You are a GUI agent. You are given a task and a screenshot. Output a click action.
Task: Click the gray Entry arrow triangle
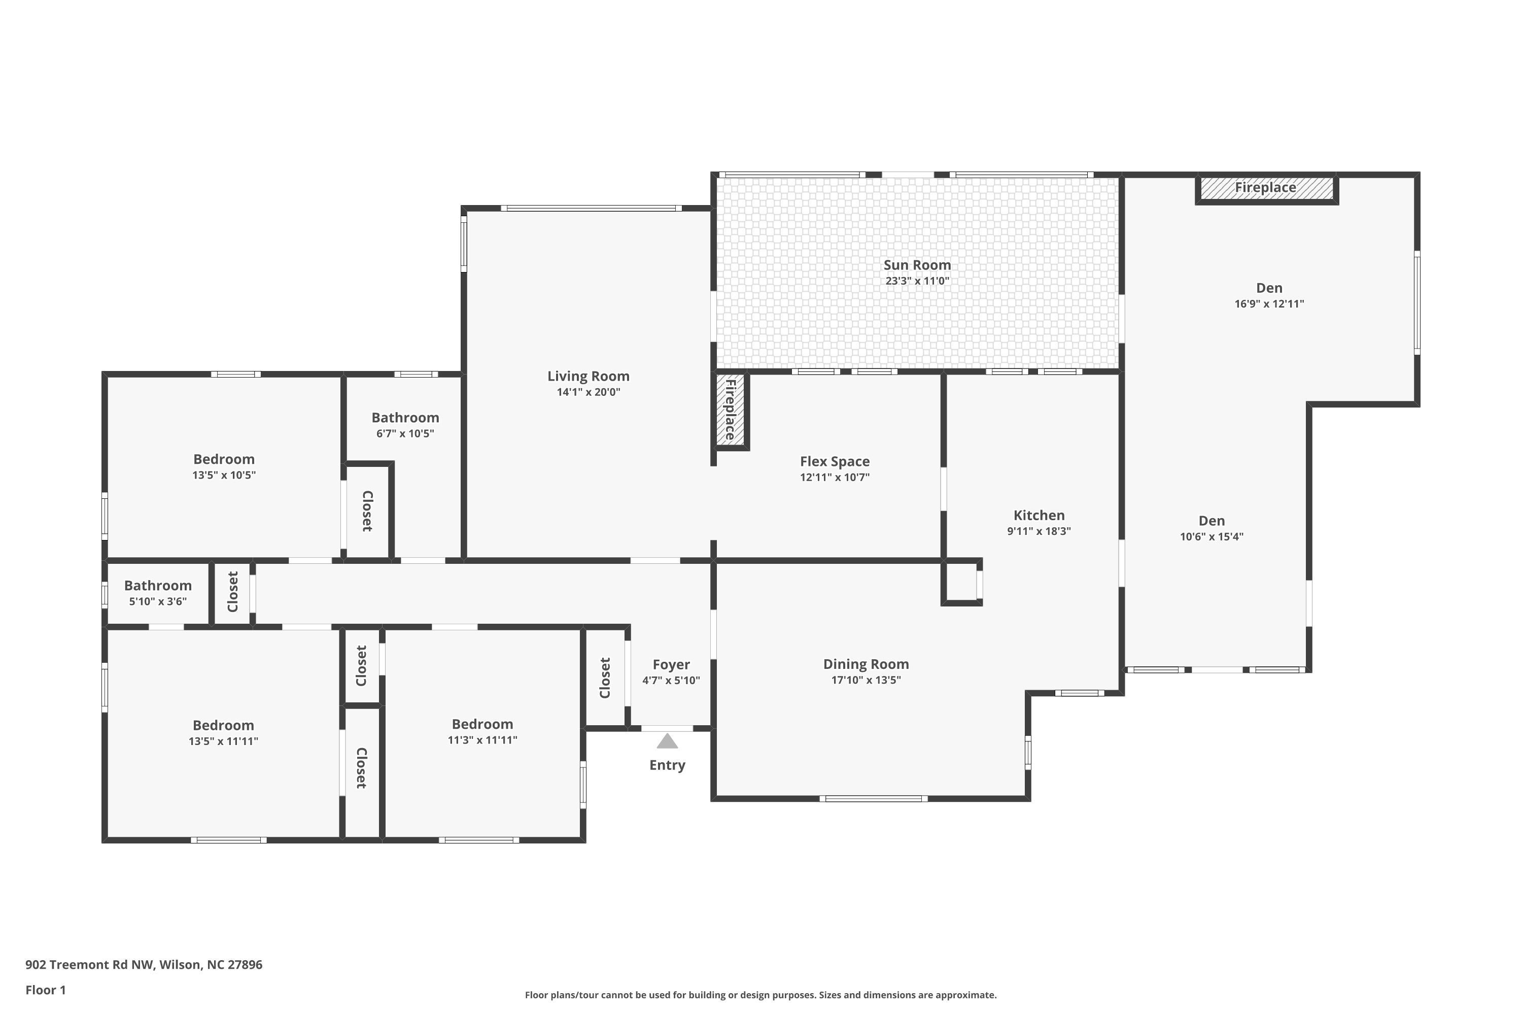(667, 741)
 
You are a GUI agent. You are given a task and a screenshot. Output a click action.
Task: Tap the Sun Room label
(917, 265)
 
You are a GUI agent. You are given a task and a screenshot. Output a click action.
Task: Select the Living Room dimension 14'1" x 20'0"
(588, 392)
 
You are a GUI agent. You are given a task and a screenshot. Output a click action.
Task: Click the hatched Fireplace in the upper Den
(1266, 188)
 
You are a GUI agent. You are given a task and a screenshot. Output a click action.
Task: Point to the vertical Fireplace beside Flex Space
(731, 411)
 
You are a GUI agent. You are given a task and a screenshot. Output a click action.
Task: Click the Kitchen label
(1039, 515)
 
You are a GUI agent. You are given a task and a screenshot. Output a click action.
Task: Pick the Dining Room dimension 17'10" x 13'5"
(866, 680)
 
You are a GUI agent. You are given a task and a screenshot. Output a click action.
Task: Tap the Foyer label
(671, 665)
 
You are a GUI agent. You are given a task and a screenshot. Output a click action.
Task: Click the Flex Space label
(835, 461)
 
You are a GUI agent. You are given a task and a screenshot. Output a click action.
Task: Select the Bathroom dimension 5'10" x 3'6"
(158, 601)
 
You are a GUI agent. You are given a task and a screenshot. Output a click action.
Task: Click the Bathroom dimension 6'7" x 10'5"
(405, 434)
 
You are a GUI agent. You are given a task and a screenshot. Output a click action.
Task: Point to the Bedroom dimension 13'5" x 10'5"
(224, 475)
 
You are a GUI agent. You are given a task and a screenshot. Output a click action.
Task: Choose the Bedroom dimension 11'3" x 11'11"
(483, 740)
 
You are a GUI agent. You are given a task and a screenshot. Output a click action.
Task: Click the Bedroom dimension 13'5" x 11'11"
(223, 741)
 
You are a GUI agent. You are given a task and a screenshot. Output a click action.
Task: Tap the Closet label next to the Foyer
(605, 678)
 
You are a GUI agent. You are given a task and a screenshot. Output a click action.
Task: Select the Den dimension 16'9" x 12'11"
(1269, 303)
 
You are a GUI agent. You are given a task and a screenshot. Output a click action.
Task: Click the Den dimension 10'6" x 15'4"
(1212, 536)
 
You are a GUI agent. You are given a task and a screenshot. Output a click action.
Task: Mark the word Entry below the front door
(667, 765)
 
